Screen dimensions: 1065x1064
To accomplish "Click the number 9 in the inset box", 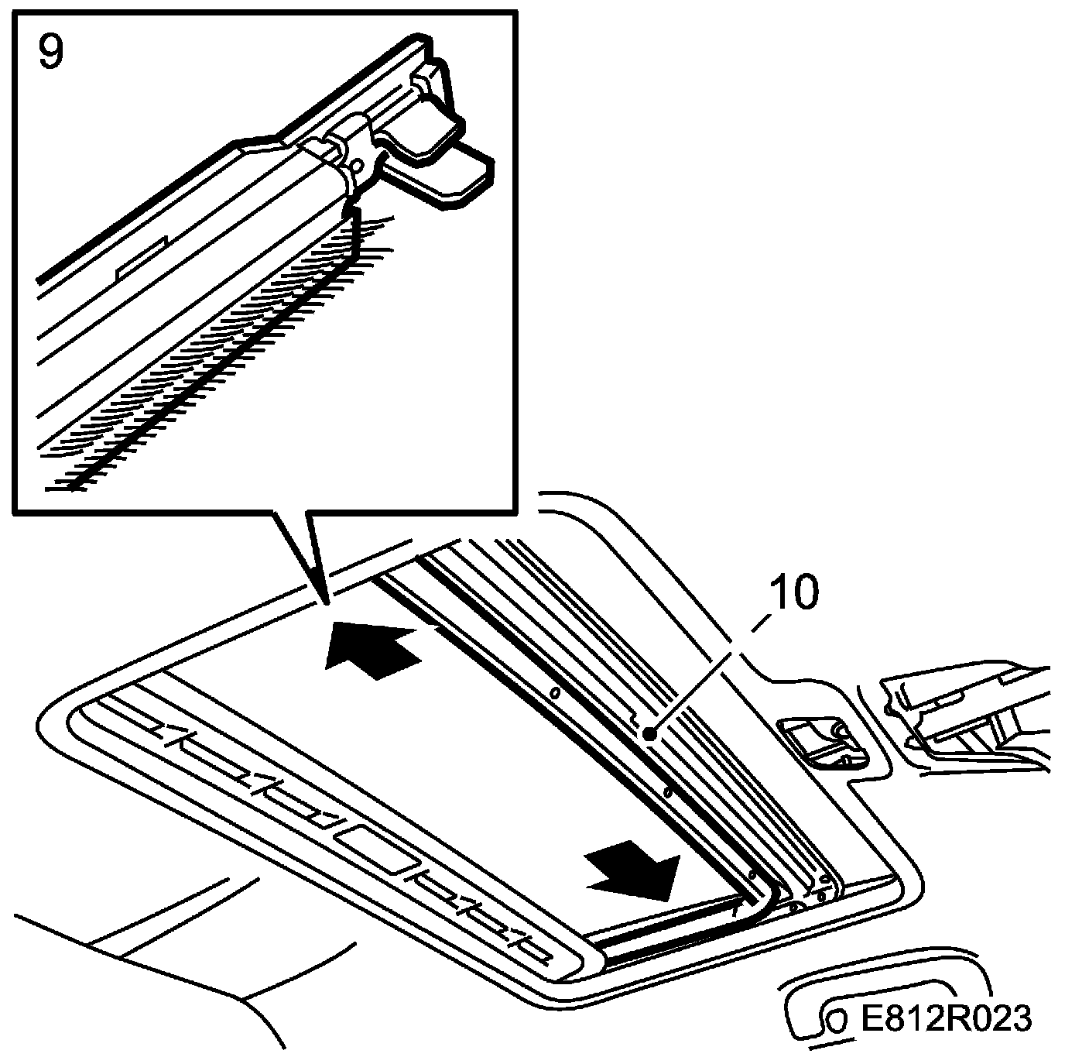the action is click(51, 52).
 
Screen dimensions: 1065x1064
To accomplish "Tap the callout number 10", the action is click(793, 595).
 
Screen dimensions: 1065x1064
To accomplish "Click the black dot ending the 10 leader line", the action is click(650, 732).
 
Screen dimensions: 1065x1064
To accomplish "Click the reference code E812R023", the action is click(946, 1018).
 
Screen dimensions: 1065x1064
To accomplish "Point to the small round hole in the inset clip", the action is click(357, 165).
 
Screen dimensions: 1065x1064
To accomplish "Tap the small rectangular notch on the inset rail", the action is click(141, 256).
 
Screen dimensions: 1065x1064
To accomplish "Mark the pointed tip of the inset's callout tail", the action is click(324, 599).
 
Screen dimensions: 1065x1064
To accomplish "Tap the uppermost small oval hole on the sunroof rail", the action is click(555, 691).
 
